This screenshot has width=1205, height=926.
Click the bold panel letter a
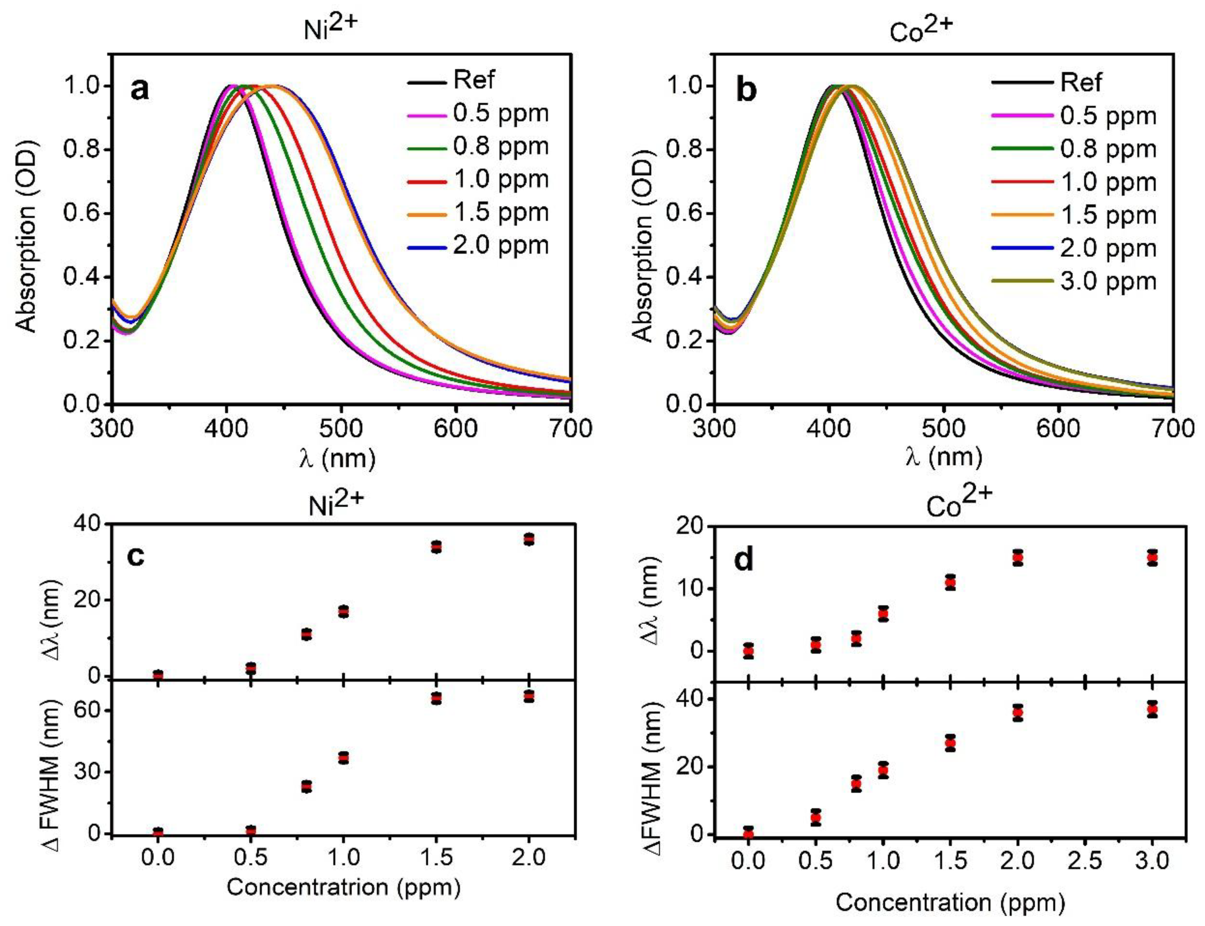[x=139, y=89]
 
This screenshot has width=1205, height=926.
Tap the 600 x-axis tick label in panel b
[x=1058, y=429]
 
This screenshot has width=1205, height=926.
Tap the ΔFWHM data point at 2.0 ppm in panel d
[x=1017, y=728]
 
